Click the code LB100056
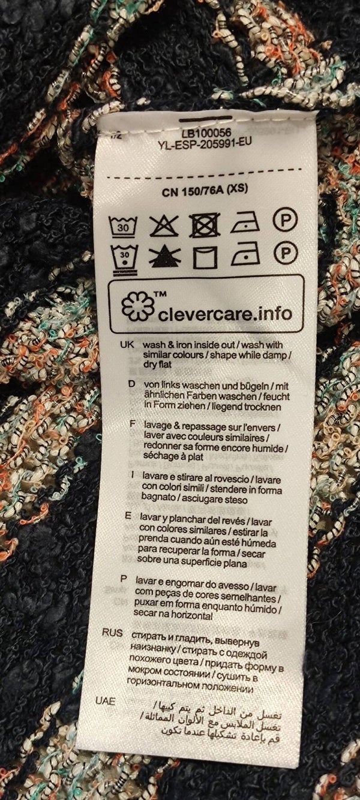(x=206, y=134)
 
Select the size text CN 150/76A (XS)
(x=205, y=190)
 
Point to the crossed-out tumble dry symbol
(x=205, y=225)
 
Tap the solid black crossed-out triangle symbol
(x=164, y=257)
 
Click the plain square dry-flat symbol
(x=205, y=257)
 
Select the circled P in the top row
(x=285, y=220)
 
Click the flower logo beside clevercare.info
(x=138, y=306)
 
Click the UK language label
(x=127, y=345)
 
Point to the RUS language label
(x=112, y=633)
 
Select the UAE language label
(x=105, y=701)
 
